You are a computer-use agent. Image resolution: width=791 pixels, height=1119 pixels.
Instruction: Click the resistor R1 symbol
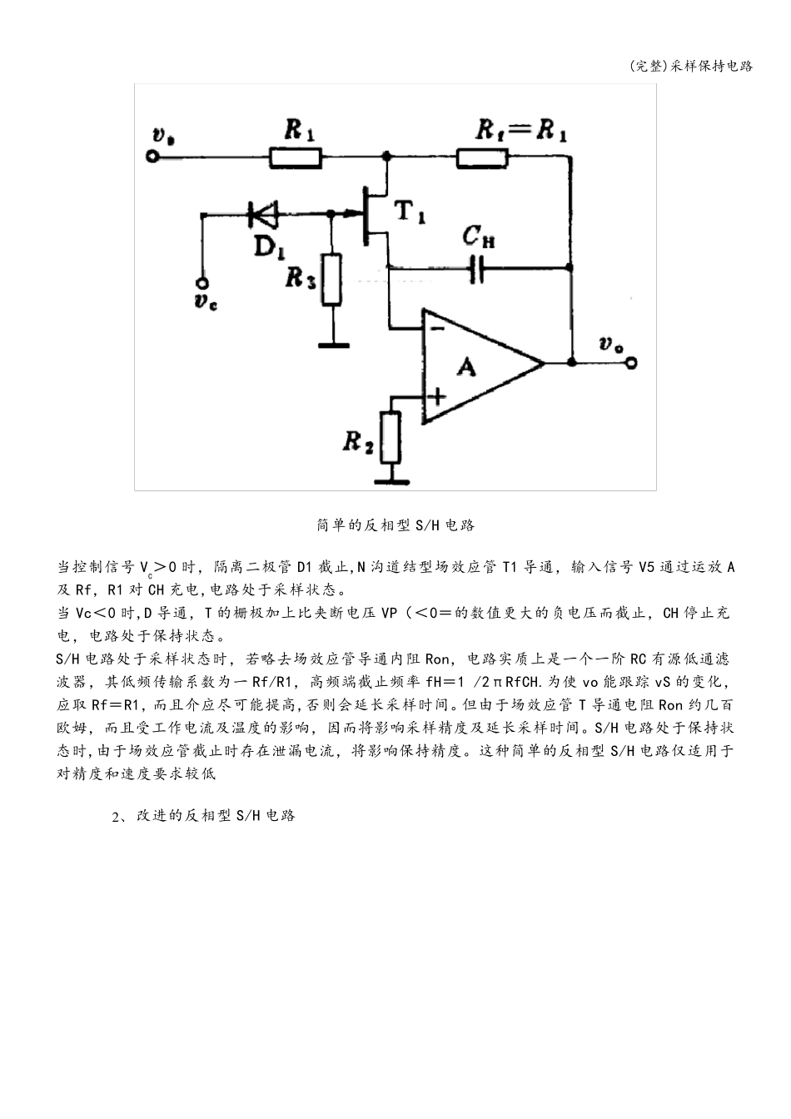296,156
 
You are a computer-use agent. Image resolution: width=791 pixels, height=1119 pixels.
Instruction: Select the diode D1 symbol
262,216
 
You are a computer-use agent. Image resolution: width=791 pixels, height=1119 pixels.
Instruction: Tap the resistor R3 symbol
332,280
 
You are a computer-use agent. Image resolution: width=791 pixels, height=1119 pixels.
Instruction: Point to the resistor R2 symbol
391,436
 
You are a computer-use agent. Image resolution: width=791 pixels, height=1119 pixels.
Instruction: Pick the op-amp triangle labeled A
475,363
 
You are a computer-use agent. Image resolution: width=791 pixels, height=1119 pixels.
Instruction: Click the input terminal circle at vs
152,156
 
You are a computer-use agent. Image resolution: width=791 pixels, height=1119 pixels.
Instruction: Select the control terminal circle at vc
201,281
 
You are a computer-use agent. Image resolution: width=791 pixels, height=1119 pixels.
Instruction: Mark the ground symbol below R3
332,341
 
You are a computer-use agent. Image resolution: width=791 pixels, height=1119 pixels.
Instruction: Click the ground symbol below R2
391,480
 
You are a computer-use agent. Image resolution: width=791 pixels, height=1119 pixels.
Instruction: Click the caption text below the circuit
395,525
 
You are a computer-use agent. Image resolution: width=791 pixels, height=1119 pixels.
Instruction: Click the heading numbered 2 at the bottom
204,815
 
